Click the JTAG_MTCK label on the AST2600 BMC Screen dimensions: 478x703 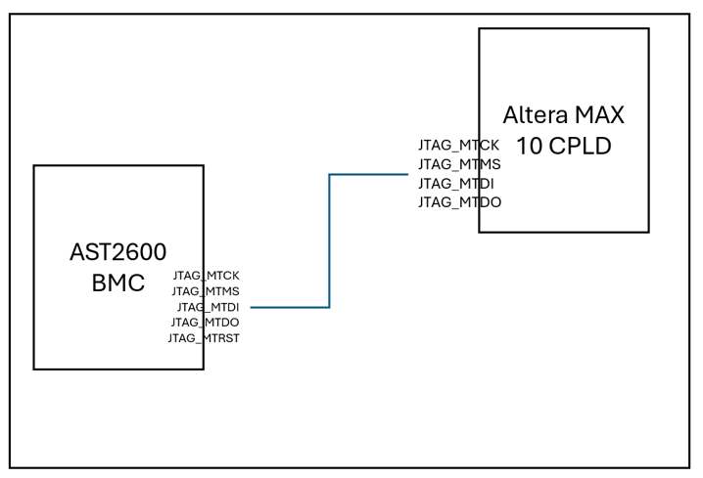point(206,276)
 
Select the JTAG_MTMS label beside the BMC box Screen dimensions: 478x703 point(206,291)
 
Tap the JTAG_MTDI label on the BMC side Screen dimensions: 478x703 point(209,307)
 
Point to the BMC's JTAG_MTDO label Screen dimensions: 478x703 point(206,323)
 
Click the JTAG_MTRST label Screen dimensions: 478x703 point(204,338)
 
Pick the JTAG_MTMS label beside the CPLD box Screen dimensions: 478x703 point(459,164)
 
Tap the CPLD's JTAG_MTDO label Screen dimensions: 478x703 point(459,202)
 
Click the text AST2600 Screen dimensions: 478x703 point(111,252)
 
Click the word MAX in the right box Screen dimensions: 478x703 point(600,114)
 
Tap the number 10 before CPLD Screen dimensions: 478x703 point(529,147)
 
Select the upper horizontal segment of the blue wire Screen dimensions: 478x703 point(369,175)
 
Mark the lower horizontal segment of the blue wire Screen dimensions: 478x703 point(290,307)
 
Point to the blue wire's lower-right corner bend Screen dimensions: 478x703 point(329,307)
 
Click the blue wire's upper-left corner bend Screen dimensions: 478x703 point(329,175)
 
